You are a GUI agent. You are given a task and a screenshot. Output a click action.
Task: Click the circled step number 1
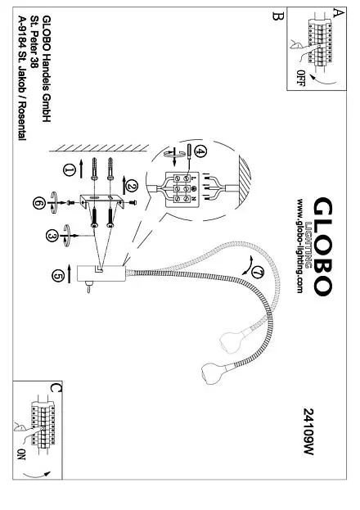pyautogui.click(x=70, y=169)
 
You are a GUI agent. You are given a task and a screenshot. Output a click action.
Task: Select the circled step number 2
pyautogui.click(x=132, y=186)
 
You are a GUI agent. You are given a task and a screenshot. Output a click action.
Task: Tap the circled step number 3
pyautogui.click(x=52, y=236)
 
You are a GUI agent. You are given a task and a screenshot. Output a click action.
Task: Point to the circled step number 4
pyautogui.click(x=200, y=151)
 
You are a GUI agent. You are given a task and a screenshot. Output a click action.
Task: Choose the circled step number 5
pyautogui.click(x=57, y=276)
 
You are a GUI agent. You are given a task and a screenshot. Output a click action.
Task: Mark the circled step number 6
pyautogui.click(x=39, y=203)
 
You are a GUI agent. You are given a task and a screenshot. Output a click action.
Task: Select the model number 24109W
pyautogui.click(x=308, y=431)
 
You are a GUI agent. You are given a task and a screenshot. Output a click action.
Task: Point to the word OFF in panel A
pyautogui.click(x=301, y=78)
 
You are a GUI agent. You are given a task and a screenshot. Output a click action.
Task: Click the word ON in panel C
pyautogui.click(x=21, y=454)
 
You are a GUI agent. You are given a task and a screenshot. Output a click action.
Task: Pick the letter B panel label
pyautogui.click(x=277, y=16)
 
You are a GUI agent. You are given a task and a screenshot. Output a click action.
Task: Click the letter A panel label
pyautogui.click(x=339, y=13)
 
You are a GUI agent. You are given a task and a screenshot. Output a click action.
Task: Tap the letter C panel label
pyautogui.click(x=56, y=388)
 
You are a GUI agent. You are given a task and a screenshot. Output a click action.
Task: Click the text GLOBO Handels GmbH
pyautogui.click(x=47, y=69)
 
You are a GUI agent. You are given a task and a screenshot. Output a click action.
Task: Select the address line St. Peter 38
pyautogui.click(x=34, y=42)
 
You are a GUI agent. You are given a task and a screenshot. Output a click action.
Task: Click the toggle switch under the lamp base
pyautogui.click(x=88, y=287)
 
